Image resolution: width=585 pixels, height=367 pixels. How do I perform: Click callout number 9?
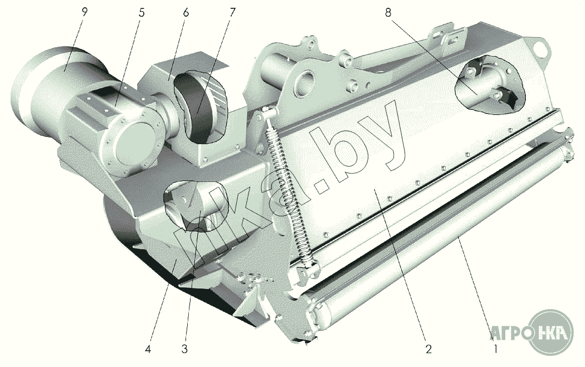click(85, 13)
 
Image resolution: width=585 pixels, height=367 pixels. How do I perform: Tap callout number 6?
click(186, 13)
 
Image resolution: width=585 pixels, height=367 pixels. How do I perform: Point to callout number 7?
click(232, 13)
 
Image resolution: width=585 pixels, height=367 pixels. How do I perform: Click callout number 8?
click(388, 13)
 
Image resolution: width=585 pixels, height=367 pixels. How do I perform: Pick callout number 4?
click(148, 350)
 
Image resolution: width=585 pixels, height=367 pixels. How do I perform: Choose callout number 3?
click(184, 350)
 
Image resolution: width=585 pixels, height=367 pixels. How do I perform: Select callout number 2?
click(428, 350)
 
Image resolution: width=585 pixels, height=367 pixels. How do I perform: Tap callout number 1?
click(495, 350)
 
